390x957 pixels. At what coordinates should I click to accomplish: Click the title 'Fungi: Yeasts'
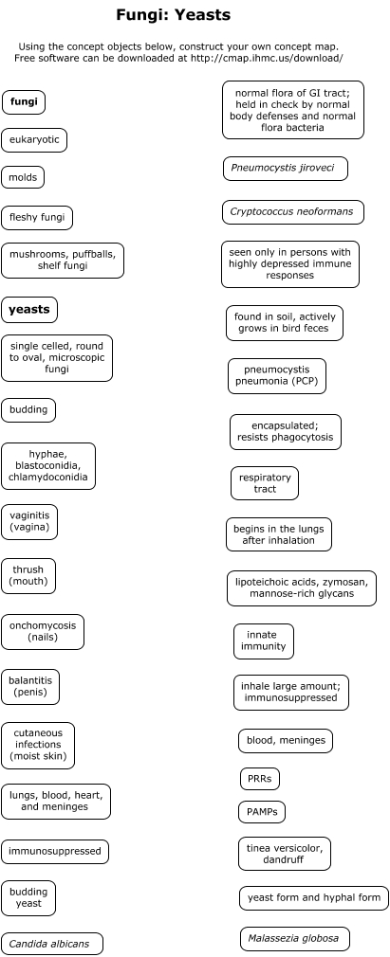coord(173,15)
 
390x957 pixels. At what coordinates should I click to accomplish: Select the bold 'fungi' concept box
coord(24,102)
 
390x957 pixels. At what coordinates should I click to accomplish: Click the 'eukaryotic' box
coord(34,140)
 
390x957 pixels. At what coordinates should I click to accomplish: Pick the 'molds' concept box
coord(23,177)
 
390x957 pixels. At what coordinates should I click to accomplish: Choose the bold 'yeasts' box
coord(29,310)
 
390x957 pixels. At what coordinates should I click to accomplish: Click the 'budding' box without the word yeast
coord(28,410)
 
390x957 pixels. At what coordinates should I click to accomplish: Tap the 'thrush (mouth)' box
coord(28,576)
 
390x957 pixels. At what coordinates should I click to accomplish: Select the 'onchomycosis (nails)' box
coord(43,632)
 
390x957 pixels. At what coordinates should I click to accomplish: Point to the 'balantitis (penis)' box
coord(30,687)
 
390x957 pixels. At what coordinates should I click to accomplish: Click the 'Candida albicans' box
coord(52,944)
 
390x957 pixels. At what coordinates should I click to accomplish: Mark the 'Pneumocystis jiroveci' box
coord(286,169)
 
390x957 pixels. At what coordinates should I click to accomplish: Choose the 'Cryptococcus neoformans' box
coord(293,212)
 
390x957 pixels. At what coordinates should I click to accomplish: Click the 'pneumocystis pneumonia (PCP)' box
coord(277,376)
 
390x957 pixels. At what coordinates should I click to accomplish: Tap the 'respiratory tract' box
coord(265,483)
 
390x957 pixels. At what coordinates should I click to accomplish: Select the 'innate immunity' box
coord(264,641)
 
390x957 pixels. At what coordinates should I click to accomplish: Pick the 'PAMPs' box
coord(262,812)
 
